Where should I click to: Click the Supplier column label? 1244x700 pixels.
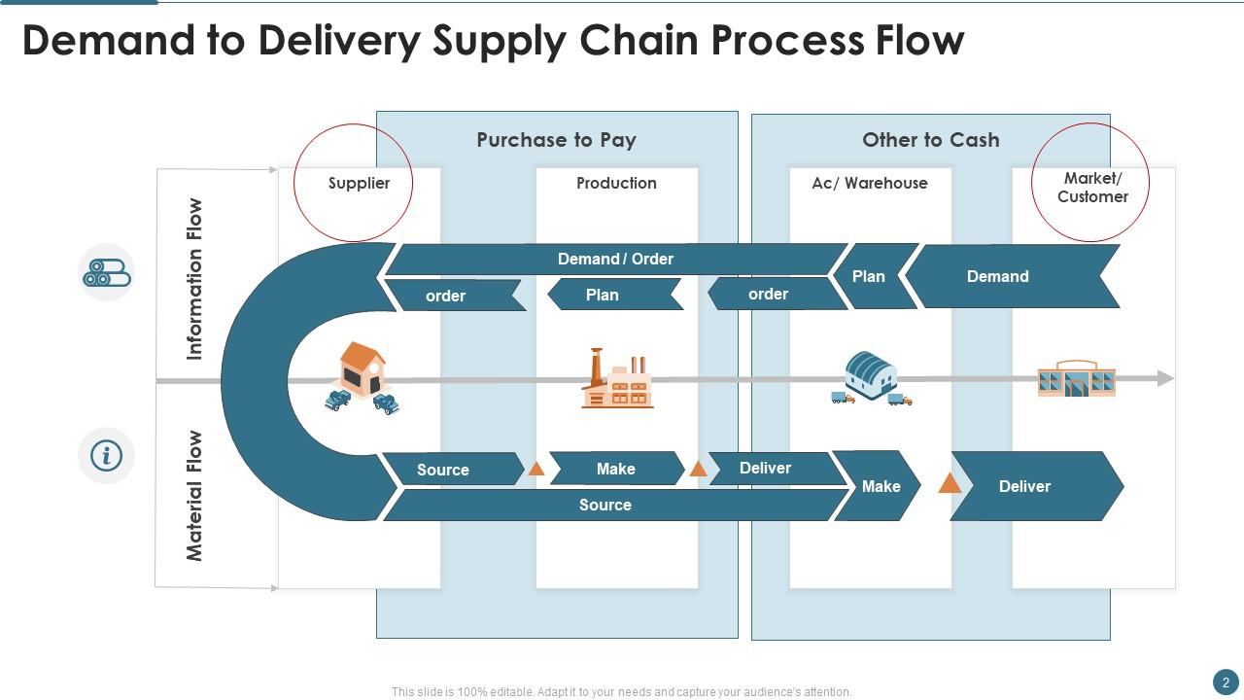click(x=359, y=183)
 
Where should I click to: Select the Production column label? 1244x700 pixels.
click(x=616, y=183)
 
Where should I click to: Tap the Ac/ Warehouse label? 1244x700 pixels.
click(x=870, y=183)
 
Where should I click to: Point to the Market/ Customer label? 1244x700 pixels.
click(x=1092, y=188)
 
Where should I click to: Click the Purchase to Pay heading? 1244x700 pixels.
click(x=556, y=140)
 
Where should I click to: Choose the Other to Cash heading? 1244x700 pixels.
click(x=930, y=140)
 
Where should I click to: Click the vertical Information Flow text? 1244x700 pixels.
click(x=195, y=279)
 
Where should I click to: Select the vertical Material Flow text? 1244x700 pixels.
click(x=195, y=496)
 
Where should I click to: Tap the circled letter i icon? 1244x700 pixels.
click(x=106, y=455)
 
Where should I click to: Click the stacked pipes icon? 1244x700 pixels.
click(x=106, y=272)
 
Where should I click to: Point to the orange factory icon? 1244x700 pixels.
click(x=617, y=379)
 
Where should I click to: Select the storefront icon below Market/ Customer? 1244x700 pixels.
click(x=1076, y=379)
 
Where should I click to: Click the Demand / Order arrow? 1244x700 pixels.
click(x=615, y=259)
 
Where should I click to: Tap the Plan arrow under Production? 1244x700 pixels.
click(x=603, y=295)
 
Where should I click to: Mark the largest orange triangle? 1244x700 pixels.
click(x=950, y=482)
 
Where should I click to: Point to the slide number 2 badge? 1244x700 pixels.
click(x=1226, y=682)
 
